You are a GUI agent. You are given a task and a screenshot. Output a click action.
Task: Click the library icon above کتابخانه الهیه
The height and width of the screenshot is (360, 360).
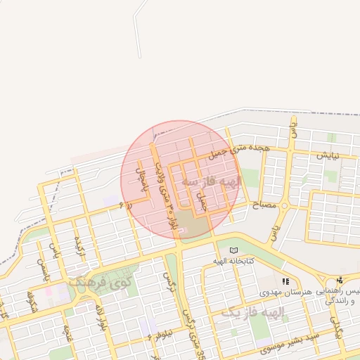(234, 250)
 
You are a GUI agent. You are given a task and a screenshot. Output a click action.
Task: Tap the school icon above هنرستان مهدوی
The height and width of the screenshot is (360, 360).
(285, 281)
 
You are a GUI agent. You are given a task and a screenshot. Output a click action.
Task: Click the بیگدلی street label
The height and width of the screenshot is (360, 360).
(340, 333)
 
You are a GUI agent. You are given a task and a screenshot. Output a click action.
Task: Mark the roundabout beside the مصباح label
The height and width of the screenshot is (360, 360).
(284, 206)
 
